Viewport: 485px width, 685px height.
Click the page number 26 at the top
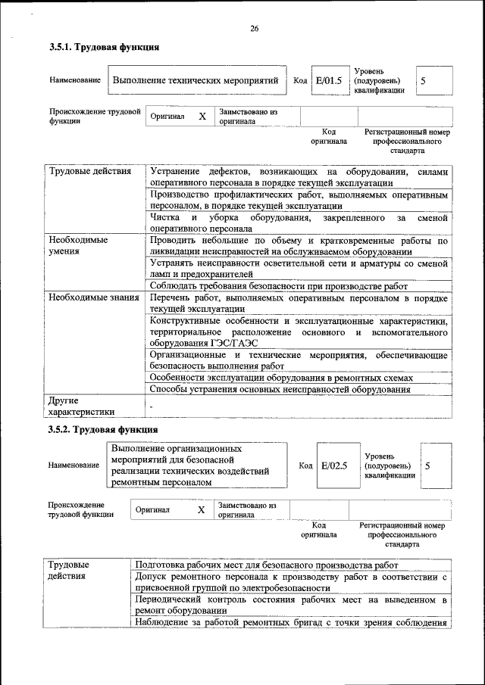click(254, 29)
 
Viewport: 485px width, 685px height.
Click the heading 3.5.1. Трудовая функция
click(104, 48)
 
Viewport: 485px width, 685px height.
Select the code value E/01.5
click(330, 80)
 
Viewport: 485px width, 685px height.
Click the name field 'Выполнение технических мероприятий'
click(196, 80)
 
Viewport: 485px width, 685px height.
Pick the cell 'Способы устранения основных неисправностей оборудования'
click(280, 389)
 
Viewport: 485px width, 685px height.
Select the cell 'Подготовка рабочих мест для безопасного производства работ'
click(266, 565)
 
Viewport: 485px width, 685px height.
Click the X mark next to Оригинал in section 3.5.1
click(202, 117)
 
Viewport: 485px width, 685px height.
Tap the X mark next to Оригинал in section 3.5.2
click(201, 510)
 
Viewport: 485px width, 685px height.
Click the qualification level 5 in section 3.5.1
click(424, 80)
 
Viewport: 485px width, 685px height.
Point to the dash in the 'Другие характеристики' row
click(152, 407)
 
